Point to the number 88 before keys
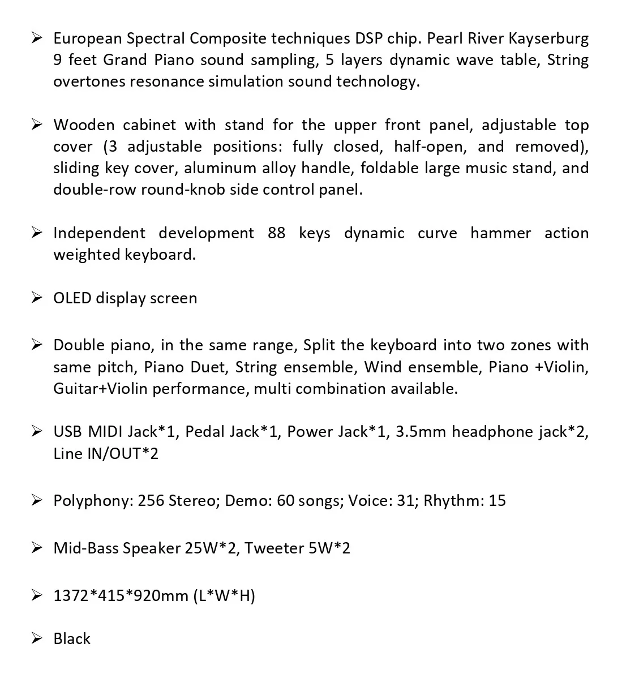pos(276,233)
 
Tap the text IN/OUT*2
pos(122,453)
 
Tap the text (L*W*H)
pos(224,595)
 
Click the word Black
pos(72,639)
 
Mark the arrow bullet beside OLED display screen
pos(37,298)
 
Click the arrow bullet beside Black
pos(37,639)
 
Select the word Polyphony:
pos(93,501)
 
